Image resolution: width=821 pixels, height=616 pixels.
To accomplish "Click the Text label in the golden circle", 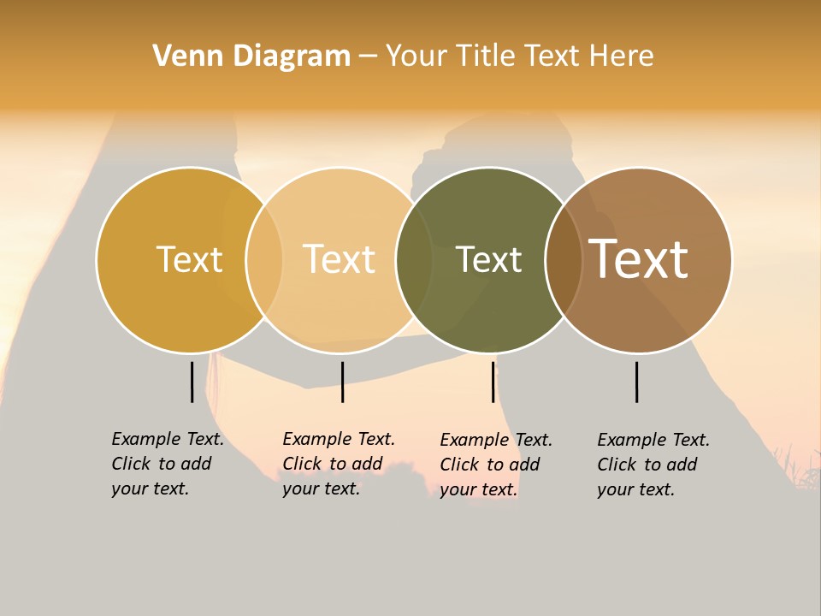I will click(189, 259).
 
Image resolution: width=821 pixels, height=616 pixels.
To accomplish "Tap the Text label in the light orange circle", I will click(339, 259).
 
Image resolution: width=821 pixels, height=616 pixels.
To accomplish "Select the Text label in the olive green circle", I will click(488, 259).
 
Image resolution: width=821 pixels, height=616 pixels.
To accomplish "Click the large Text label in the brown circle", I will click(639, 259).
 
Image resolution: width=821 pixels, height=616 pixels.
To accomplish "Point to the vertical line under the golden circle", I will click(192, 382).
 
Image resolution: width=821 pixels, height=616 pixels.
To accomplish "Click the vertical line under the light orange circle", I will click(342, 382).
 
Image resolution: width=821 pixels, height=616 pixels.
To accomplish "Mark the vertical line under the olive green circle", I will click(493, 382).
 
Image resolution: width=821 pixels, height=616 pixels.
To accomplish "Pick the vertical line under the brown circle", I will click(636, 382).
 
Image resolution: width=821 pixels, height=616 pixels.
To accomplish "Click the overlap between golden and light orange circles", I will click(264, 259).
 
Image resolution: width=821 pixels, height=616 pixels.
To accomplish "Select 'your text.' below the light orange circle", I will click(321, 489).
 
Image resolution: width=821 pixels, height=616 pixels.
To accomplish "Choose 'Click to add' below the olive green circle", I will click(490, 465).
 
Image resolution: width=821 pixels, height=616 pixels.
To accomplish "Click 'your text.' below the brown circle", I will click(635, 490).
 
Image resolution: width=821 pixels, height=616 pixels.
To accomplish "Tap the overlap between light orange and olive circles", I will click(414, 259).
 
